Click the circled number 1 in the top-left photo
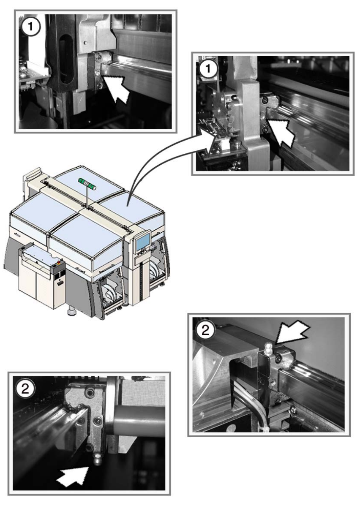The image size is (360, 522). pyautogui.click(x=30, y=26)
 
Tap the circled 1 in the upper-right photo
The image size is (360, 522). pyautogui.click(x=208, y=69)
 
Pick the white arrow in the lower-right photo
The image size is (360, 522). pyautogui.click(x=293, y=332)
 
